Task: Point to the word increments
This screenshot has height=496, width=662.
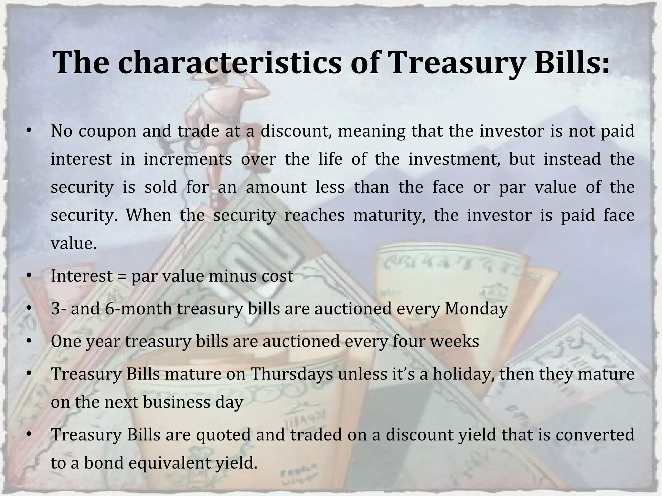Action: coord(188,159)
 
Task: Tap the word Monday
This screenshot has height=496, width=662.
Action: coord(476,308)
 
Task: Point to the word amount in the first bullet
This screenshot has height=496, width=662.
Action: coord(276,188)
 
